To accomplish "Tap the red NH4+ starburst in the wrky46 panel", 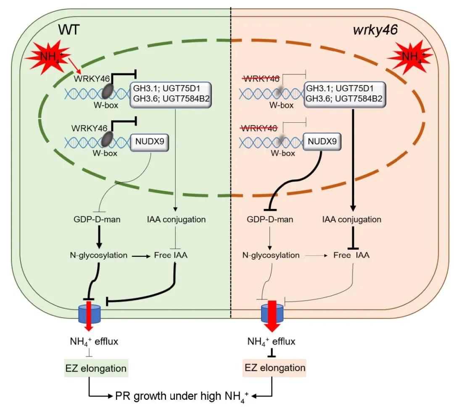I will pos(410,57).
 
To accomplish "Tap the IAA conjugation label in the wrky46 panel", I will pos(351,219).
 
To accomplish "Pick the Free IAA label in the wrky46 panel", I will pos(351,255).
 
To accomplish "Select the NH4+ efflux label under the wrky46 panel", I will pos(271,341).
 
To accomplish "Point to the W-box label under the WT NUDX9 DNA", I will pos(106,153).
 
